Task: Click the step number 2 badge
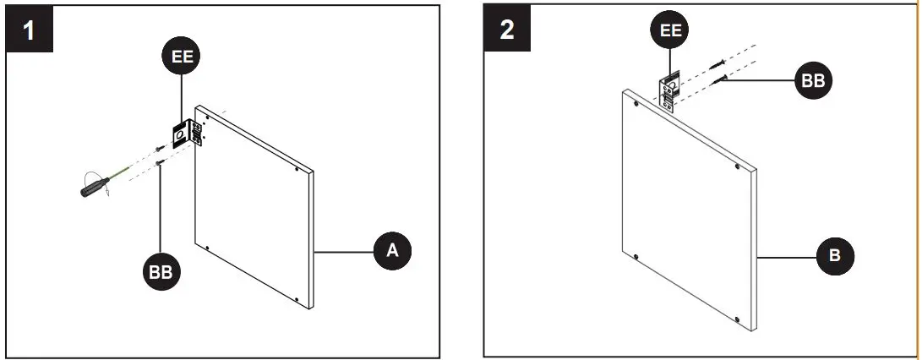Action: tap(507, 30)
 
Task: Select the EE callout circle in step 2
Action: tap(670, 31)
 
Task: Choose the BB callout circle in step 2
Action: tap(814, 81)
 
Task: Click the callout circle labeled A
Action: tap(392, 250)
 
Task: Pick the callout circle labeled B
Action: tap(835, 256)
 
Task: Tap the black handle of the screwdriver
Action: tap(90, 185)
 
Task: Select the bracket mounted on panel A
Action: tap(187, 134)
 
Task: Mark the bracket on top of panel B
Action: tap(668, 90)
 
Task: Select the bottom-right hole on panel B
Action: tap(738, 319)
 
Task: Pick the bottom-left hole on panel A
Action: tap(206, 246)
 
